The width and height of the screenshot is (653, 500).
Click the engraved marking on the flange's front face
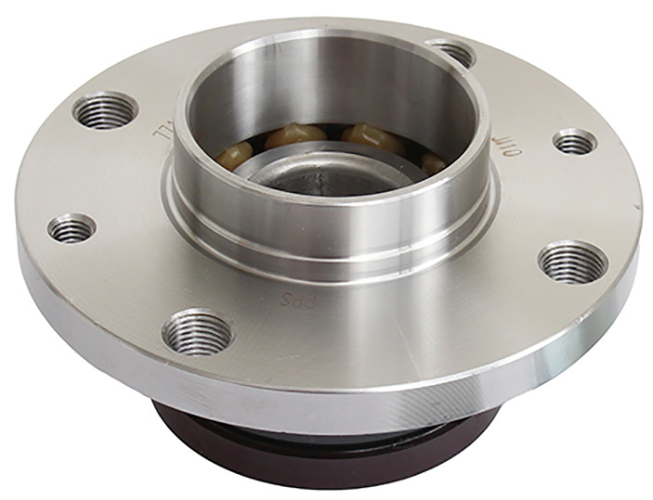click(x=294, y=301)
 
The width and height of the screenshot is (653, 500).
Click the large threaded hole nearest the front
click(x=197, y=331)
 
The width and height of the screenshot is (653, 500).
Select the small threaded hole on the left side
click(x=73, y=227)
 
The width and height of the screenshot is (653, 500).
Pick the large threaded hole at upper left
click(x=105, y=111)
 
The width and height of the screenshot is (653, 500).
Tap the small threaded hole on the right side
click(x=575, y=142)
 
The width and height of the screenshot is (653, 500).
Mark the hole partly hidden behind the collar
click(x=454, y=52)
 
